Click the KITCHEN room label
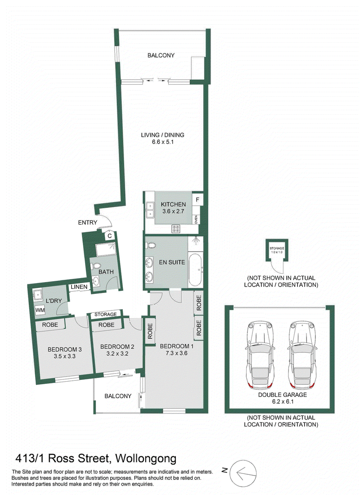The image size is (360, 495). coord(173,204)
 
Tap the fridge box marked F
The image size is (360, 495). coord(198,199)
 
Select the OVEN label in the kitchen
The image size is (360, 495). coord(196,219)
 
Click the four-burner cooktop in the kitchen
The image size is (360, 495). coord(176,229)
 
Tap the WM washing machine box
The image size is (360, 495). coord(40,310)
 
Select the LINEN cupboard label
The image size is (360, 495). coord(79,287)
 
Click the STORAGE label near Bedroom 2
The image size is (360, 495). coord(105,315)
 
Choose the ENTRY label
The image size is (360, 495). coord(87,223)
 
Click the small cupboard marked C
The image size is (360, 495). coord(110,235)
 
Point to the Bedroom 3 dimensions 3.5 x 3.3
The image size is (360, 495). coord(64,356)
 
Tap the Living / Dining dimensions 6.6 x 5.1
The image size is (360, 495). coord(162,142)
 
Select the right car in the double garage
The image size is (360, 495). coord(303,355)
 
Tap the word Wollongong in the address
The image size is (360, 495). coord(146,458)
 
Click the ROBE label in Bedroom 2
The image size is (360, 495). coord(106,325)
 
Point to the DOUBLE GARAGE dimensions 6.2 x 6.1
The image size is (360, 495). coord(282,401)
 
